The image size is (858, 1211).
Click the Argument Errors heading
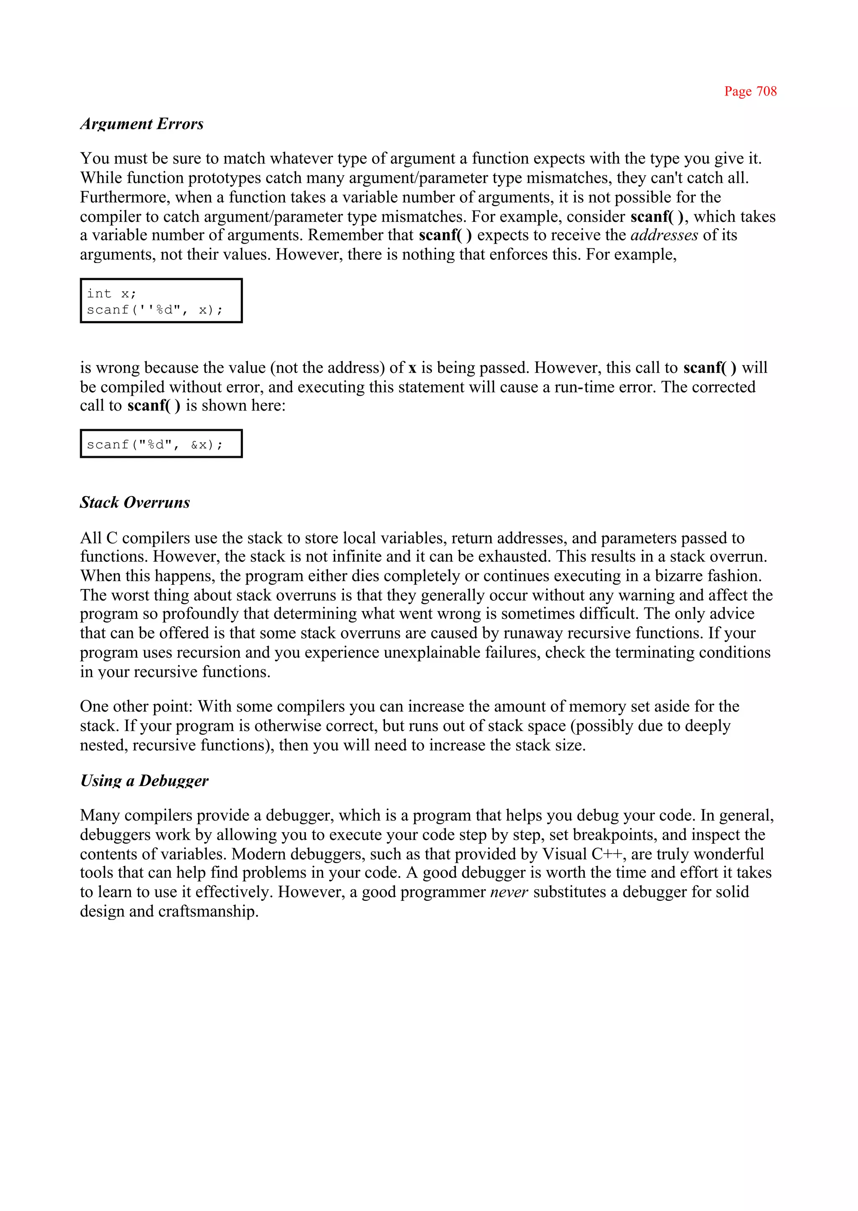pos(142,124)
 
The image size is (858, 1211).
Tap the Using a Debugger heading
pos(144,780)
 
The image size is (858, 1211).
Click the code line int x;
pos(111,293)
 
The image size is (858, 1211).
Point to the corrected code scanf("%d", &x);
pos(155,445)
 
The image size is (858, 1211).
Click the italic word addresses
pos(664,235)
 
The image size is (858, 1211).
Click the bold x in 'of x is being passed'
pos(412,368)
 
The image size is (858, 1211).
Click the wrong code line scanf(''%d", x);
pos(155,310)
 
